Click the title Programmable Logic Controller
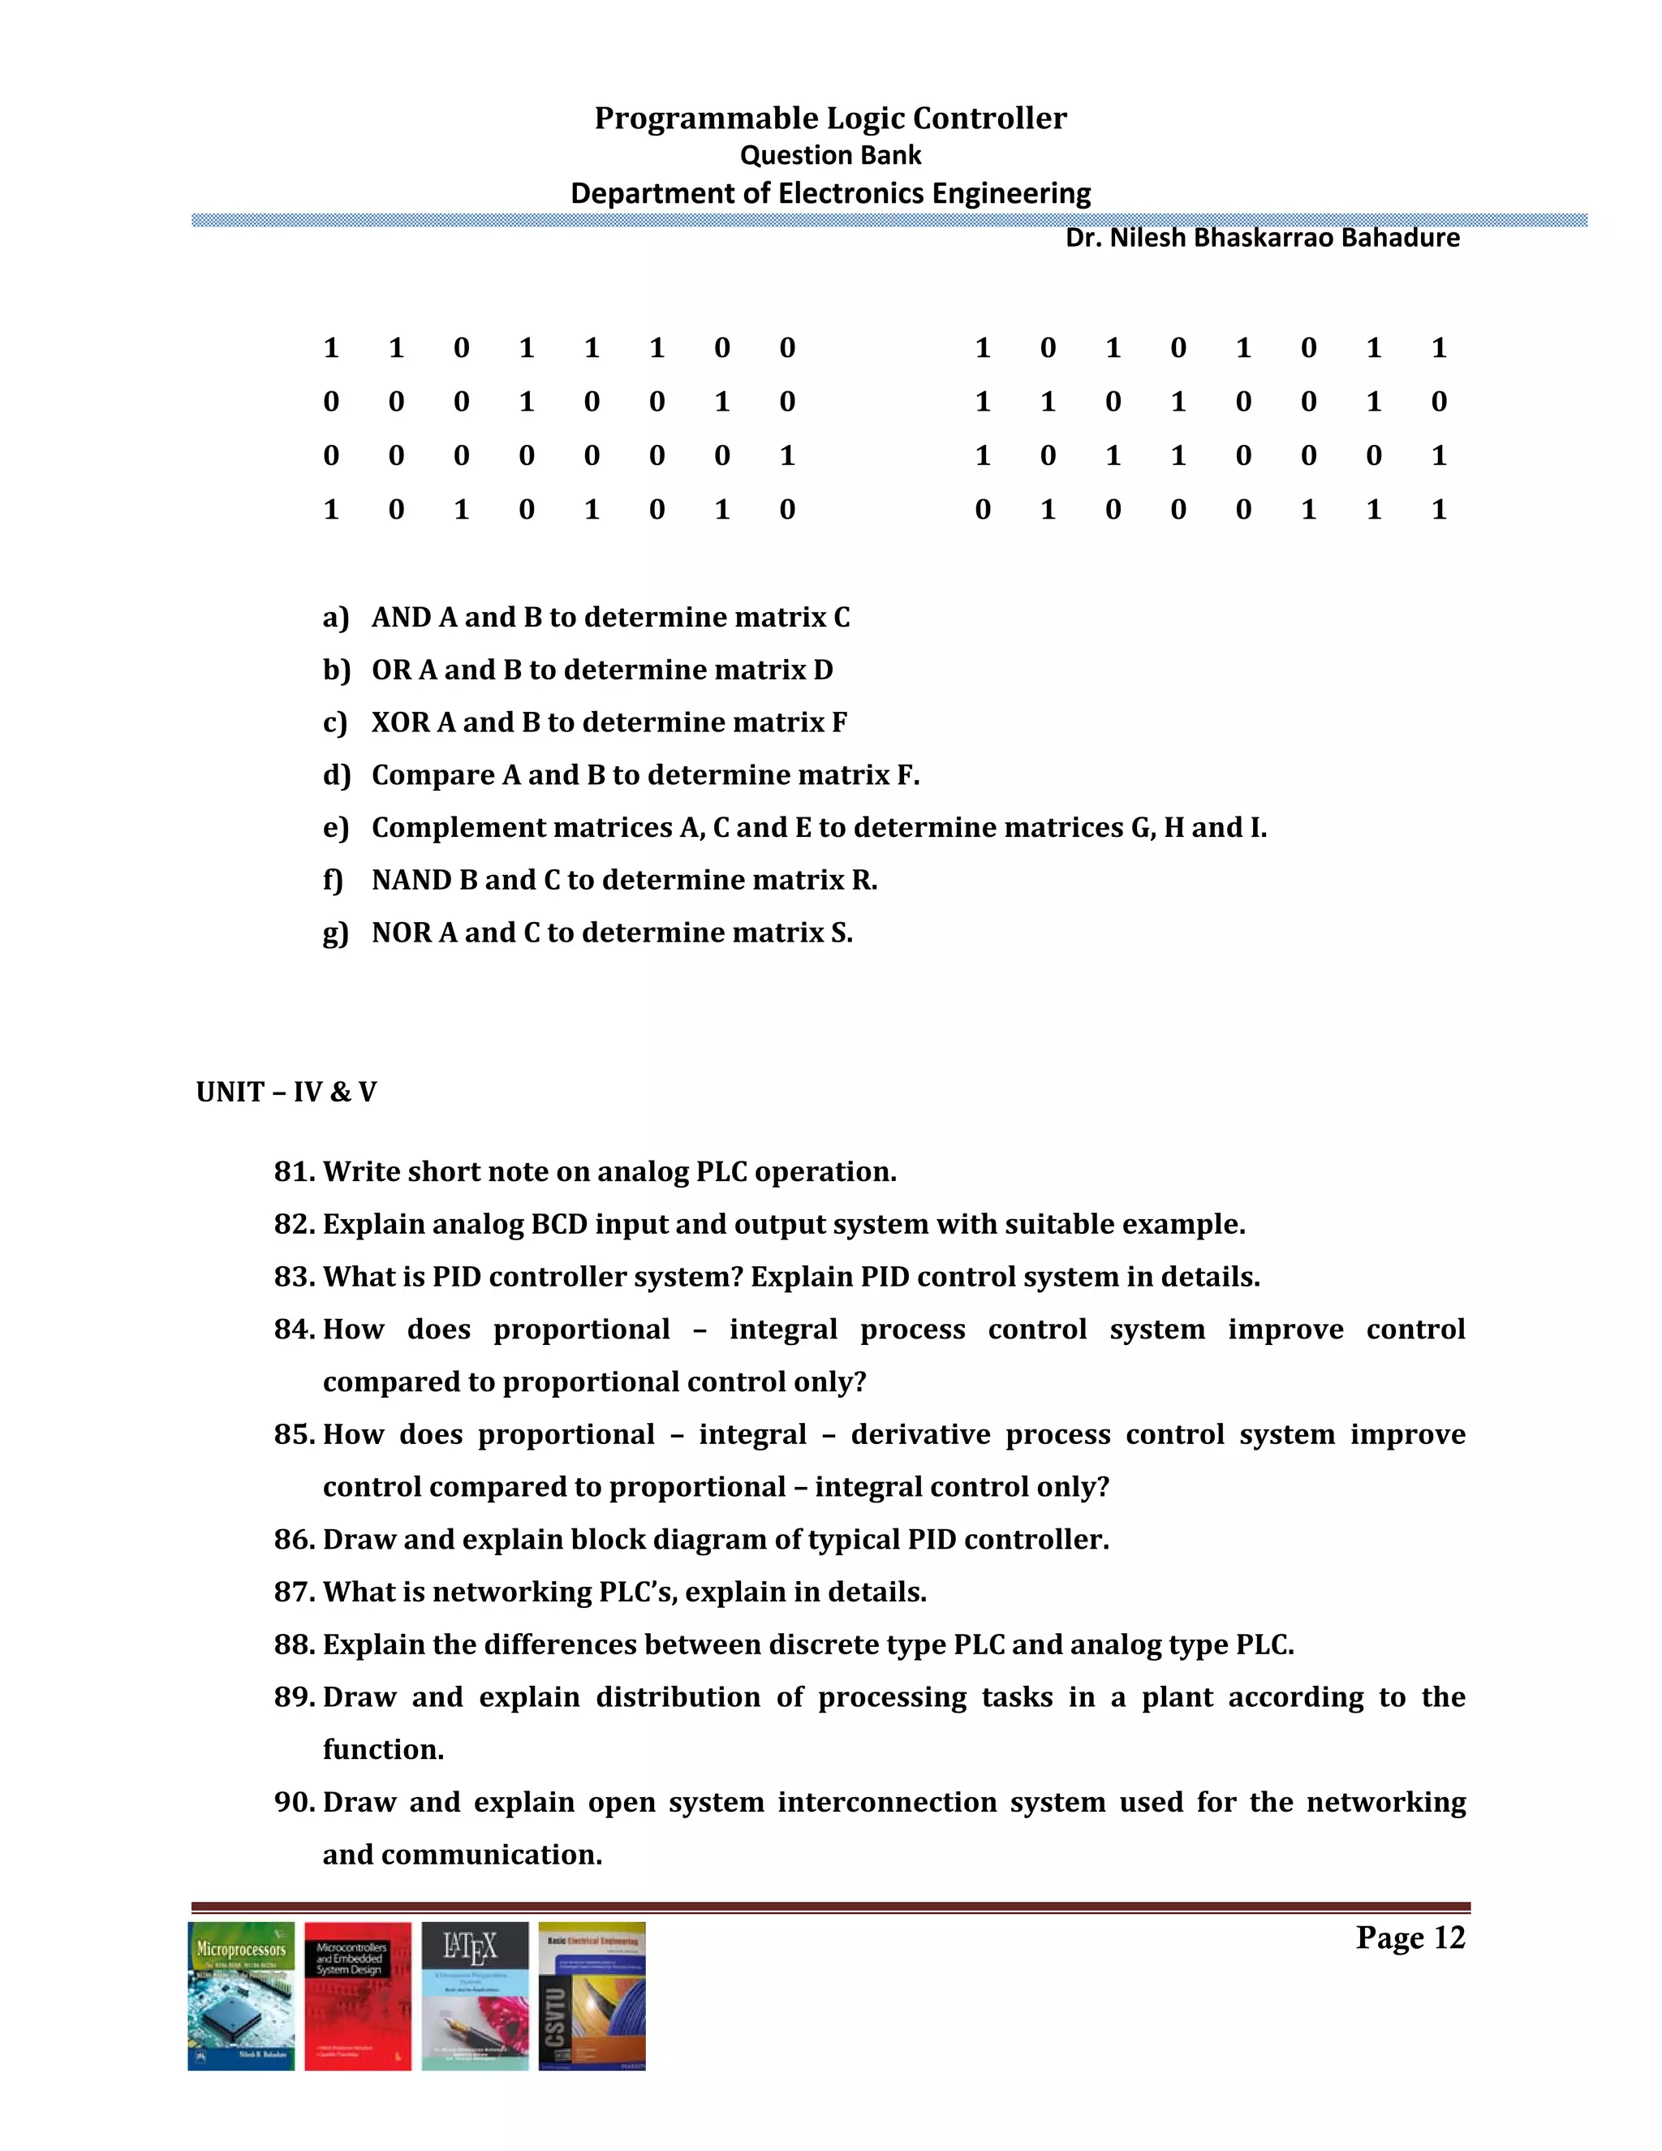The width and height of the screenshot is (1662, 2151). click(x=830, y=119)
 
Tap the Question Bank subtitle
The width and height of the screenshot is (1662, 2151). click(x=830, y=156)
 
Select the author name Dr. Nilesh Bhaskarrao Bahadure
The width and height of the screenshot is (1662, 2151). click(x=1262, y=239)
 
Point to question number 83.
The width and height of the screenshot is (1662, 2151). click(x=295, y=1277)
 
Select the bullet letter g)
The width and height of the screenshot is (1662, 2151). click(x=336, y=933)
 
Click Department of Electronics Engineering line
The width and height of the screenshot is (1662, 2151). click(x=830, y=193)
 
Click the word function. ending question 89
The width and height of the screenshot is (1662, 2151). click(x=383, y=1750)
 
